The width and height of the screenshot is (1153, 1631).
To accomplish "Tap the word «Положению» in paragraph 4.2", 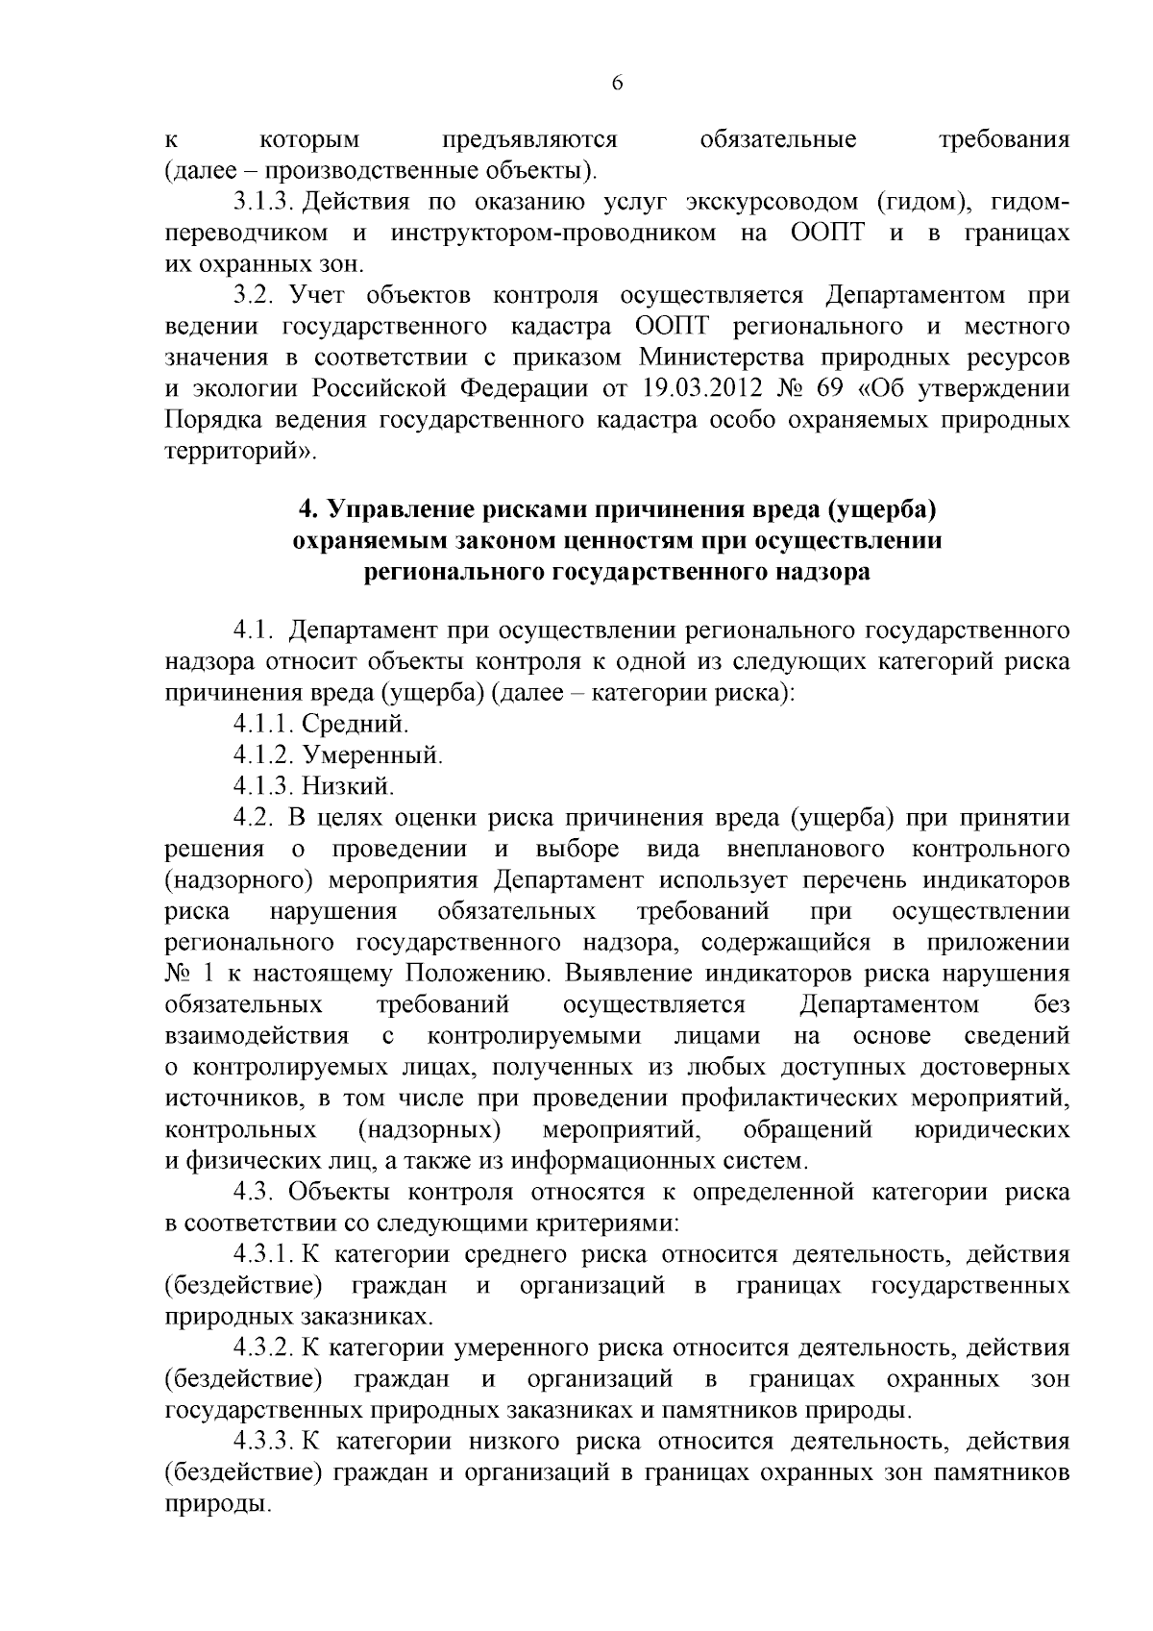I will pos(477,974).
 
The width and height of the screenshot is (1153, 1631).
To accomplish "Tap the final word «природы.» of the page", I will pos(214,1504).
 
